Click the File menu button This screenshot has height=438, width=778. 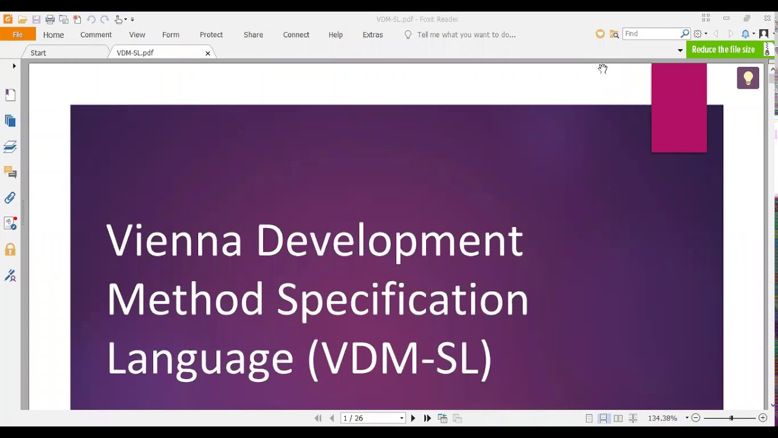[18, 35]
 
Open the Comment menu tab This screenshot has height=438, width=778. [96, 35]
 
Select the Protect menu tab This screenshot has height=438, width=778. [212, 35]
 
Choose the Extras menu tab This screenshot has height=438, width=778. [373, 35]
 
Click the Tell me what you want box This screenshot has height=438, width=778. [466, 35]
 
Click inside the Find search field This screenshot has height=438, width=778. [650, 34]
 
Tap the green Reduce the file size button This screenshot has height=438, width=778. [723, 50]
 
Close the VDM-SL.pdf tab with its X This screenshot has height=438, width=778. [208, 54]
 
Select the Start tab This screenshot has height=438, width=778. [38, 53]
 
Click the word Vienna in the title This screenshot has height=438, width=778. [174, 240]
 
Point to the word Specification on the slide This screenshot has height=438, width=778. [402, 299]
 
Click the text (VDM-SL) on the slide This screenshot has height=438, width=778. [399, 358]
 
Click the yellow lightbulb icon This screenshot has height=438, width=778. [748, 78]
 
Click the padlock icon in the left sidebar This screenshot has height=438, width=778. [10, 249]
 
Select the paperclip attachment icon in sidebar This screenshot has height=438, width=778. [10, 198]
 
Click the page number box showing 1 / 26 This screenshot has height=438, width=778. [370, 419]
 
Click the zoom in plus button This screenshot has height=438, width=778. [763, 418]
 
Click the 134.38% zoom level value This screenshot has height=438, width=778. [663, 419]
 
